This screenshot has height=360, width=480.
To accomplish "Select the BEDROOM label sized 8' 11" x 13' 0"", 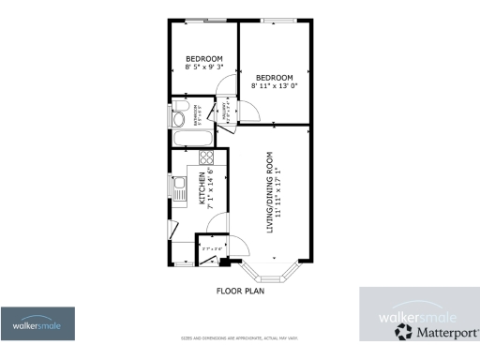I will [x=275, y=82].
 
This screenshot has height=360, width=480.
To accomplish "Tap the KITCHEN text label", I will [x=201, y=187].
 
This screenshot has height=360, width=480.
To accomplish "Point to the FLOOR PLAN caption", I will [x=240, y=292].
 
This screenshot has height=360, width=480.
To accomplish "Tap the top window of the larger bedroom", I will [x=274, y=20].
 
